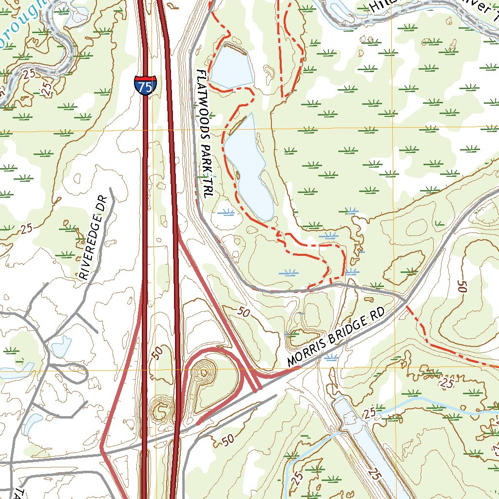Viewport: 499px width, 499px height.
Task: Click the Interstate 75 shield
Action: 146,85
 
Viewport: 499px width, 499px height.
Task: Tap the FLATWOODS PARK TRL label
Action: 205,133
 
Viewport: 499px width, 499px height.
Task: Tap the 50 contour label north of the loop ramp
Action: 244,312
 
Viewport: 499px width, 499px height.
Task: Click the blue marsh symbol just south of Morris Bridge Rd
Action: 331,358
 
